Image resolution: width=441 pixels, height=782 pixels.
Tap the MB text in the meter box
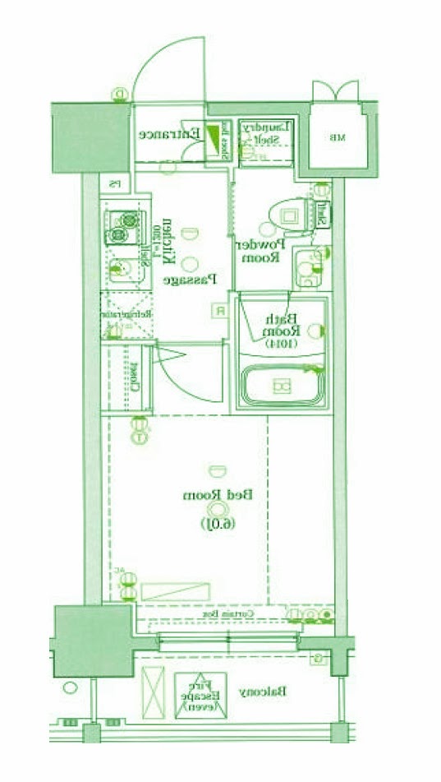[x=335, y=137]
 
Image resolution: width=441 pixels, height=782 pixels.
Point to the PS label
[x=116, y=183]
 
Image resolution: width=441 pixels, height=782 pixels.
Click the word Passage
[x=189, y=280]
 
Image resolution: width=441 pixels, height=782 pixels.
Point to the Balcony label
[x=263, y=692]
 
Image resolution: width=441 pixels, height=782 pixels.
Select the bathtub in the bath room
[x=282, y=386]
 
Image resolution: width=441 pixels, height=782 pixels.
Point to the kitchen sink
[x=122, y=267]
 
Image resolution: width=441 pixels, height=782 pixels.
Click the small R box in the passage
[x=220, y=310]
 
